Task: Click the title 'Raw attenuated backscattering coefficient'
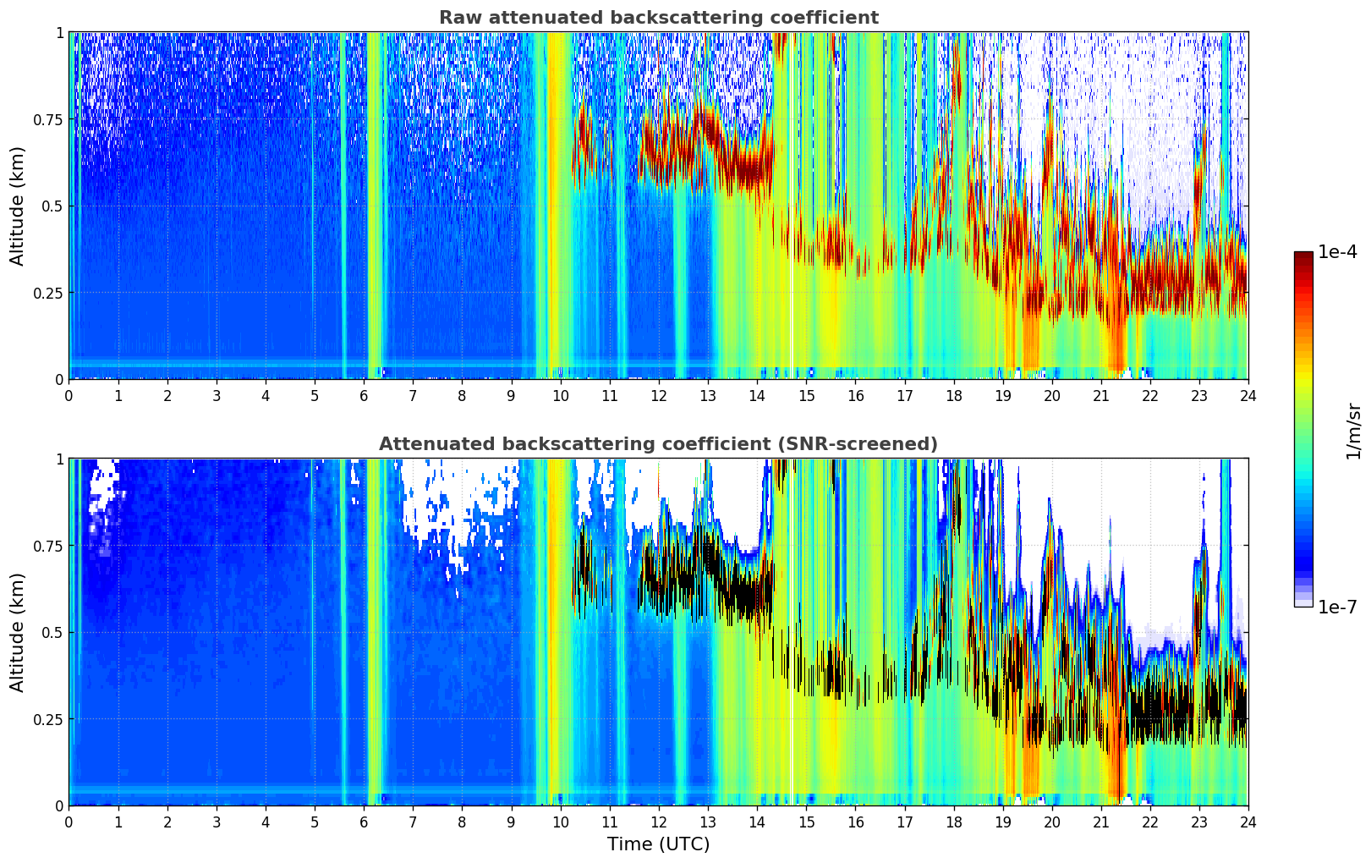[658, 18]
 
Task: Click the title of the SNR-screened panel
[658, 444]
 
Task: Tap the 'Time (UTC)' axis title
[658, 844]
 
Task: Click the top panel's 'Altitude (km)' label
[18, 206]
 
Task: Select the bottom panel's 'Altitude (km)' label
[18, 632]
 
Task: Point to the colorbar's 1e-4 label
[1338, 252]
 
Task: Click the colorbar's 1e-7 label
[1338, 607]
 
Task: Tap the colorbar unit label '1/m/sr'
[1353, 431]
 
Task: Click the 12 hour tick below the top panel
[659, 395]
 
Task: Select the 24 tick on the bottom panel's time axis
[1248, 822]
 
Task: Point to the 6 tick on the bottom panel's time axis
[364, 822]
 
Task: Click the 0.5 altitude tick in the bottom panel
[52, 632]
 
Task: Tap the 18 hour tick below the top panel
[953, 395]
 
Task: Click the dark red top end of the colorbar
[1302, 255]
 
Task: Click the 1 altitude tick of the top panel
[59, 32]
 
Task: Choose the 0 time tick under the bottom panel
[69, 822]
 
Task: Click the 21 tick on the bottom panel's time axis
[1100, 822]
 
